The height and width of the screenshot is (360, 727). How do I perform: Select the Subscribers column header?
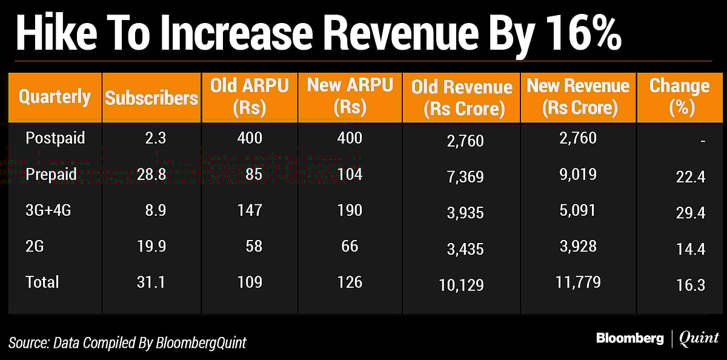click(151, 98)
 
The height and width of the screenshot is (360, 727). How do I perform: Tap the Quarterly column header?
click(55, 97)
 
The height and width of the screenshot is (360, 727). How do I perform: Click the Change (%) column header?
click(679, 97)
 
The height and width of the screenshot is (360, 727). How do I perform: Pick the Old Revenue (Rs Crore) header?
click(462, 98)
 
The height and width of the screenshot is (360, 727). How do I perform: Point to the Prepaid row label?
click(51, 175)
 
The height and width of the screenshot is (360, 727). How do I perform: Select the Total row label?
click(42, 282)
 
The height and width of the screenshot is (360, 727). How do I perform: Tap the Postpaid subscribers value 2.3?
click(154, 138)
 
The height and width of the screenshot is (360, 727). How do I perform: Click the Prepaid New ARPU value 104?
click(350, 175)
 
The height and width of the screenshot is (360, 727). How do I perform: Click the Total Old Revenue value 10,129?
click(462, 285)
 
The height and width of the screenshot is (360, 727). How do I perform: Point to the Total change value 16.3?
click(691, 285)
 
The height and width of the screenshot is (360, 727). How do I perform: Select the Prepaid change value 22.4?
click(691, 176)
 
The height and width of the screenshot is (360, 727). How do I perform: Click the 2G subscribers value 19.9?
click(151, 246)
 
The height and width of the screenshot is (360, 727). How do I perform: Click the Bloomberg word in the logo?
click(629, 338)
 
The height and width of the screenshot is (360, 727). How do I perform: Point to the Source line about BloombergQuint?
click(128, 342)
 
